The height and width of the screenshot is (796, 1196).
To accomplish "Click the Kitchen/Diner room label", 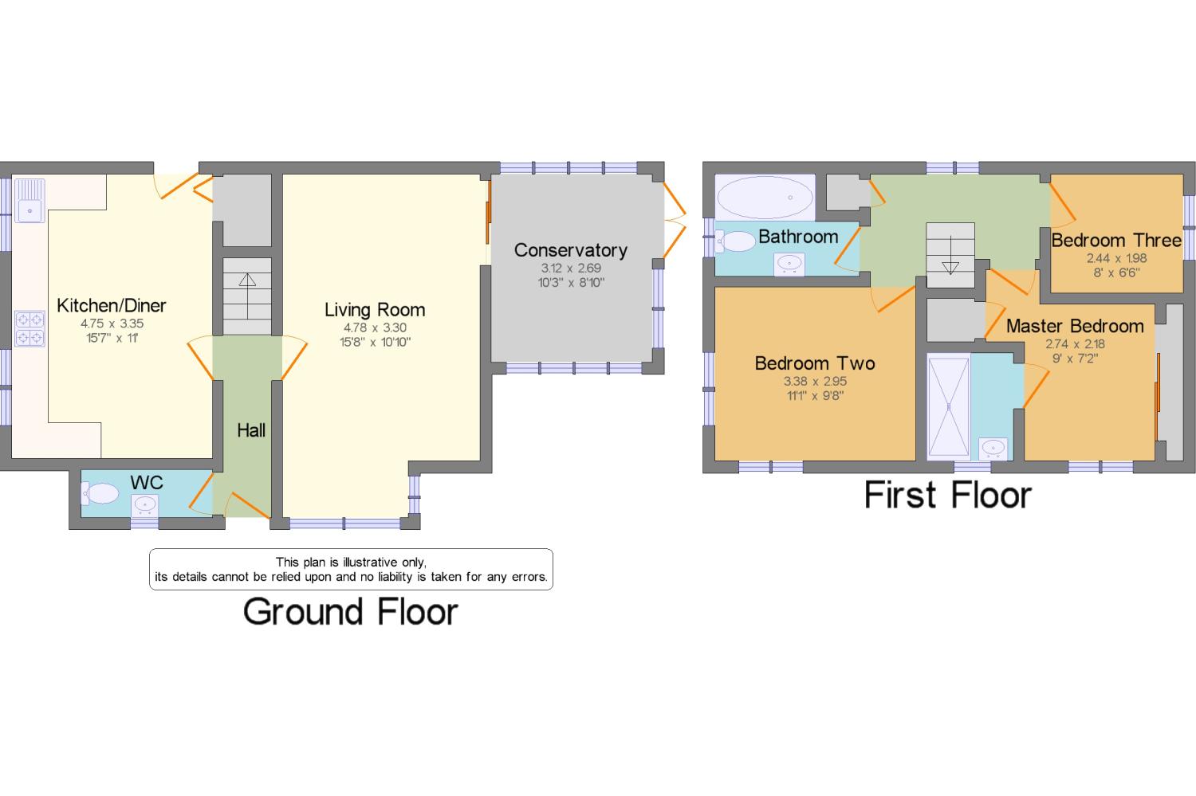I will click(112, 305).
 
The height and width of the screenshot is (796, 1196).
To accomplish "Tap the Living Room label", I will click(375, 310).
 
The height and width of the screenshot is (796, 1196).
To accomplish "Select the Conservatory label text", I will click(570, 250).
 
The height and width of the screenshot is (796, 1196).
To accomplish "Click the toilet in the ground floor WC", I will click(100, 494).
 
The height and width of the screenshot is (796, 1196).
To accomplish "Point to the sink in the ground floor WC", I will click(145, 504).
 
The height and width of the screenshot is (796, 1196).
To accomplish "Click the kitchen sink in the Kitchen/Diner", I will click(31, 199).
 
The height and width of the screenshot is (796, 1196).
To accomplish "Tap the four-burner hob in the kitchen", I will click(30, 328).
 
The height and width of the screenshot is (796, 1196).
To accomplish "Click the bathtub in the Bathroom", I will click(765, 197).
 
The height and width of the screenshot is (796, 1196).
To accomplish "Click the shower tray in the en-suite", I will click(949, 407).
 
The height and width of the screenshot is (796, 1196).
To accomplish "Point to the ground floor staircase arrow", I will click(247, 280).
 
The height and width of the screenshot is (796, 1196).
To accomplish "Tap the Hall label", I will click(251, 430).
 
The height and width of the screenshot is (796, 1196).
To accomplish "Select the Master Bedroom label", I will click(1075, 326).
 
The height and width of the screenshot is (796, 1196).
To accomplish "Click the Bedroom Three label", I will click(1115, 240).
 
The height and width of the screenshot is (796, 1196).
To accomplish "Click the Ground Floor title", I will click(351, 612).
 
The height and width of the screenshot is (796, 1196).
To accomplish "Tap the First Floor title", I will click(948, 495).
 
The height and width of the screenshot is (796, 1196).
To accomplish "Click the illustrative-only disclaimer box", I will click(351, 569).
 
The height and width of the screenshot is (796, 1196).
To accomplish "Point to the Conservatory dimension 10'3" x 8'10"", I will click(571, 282).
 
